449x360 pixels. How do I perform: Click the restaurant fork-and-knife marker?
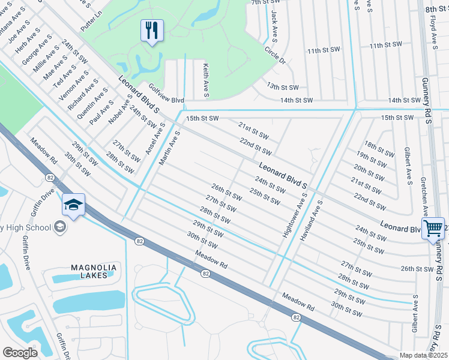pyautogui.click(x=152, y=30)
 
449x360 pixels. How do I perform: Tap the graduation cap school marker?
pyautogui.click(x=73, y=205)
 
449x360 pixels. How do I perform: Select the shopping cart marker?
pyautogui.click(x=433, y=229)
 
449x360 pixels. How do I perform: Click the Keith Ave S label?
pyautogui.click(x=205, y=81)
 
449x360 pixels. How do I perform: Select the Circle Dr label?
pyautogui.click(x=275, y=57)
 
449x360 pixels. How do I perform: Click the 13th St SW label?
pyautogui.click(x=282, y=87)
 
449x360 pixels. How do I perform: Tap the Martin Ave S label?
pyautogui.click(x=169, y=149)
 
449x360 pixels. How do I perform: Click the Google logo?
pyautogui.click(x=20, y=353)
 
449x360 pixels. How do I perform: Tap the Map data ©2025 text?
pyautogui.click(x=424, y=355)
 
